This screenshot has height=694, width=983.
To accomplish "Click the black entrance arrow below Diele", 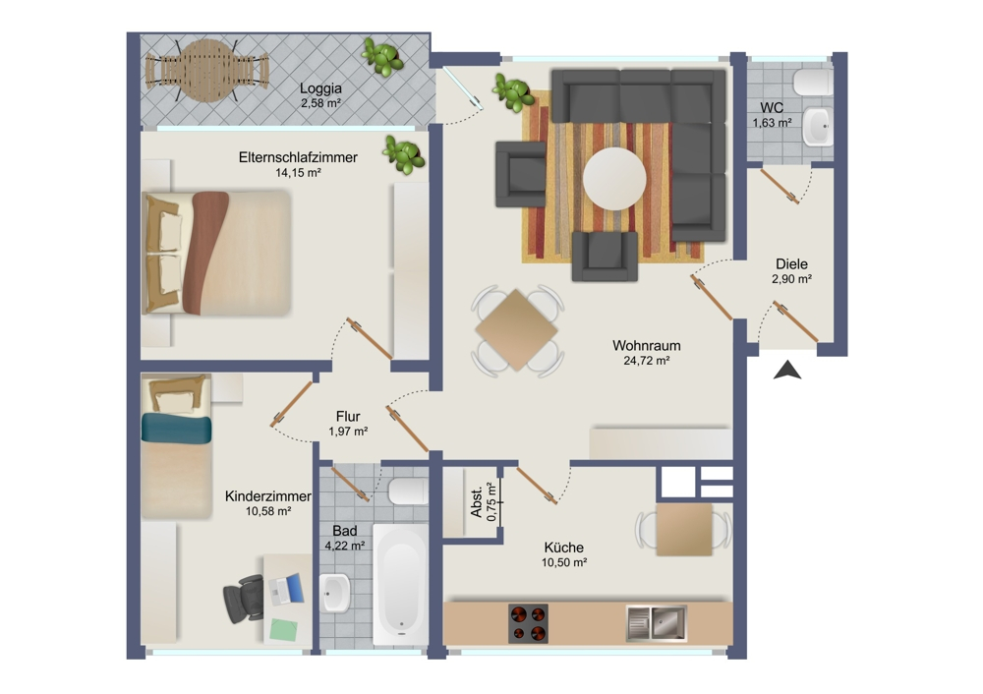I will [787, 371].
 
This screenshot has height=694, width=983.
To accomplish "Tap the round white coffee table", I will [614, 179].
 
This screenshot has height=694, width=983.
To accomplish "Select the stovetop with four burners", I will [528, 623].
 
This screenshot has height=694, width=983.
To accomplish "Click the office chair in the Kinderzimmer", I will [244, 597].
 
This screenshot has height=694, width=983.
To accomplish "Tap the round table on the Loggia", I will [206, 70].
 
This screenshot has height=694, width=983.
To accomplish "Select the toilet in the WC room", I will [812, 83].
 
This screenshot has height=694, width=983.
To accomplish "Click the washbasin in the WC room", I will [817, 126].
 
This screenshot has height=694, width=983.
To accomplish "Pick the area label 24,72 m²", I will [646, 362].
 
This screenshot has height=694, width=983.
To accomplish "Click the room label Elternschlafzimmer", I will [298, 157].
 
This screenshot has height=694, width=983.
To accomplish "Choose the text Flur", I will [348, 416].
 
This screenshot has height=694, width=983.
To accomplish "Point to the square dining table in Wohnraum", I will [517, 329].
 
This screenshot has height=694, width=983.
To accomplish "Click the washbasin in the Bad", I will [335, 593].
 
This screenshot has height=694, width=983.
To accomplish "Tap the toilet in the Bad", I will [407, 491].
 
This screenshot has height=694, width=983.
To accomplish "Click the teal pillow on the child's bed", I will [176, 428].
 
